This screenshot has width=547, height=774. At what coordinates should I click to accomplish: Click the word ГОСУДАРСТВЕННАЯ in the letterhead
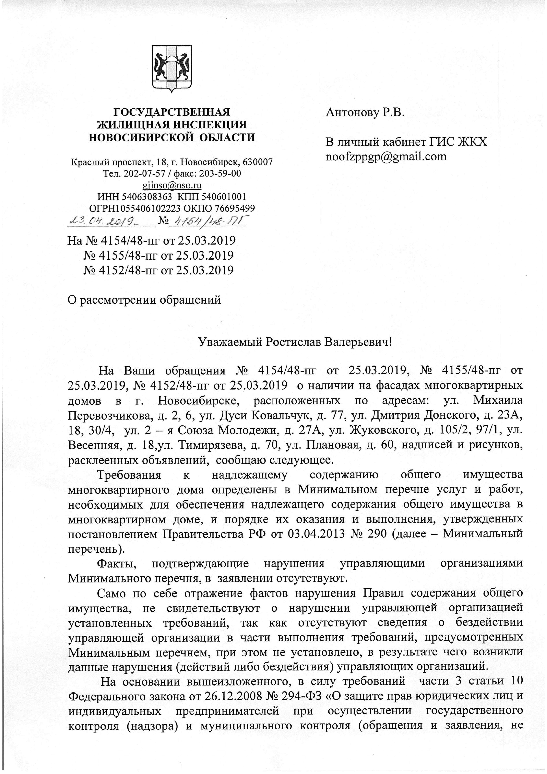172,112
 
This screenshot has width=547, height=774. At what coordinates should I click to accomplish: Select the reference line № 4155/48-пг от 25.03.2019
158,255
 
